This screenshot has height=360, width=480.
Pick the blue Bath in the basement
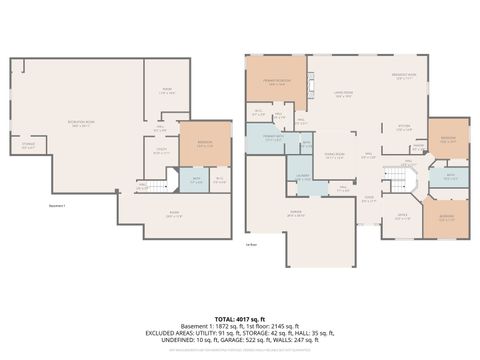pyautogui.click(x=196, y=180)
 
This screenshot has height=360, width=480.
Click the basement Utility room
pyautogui.click(x=220, y=180)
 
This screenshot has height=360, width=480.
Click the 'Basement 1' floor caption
pyautogui.click(x=58, y=206)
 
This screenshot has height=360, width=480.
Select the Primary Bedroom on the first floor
pyautogui.click(x=277, y=85)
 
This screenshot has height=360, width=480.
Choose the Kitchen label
pyautogui.click(x=404, y=125)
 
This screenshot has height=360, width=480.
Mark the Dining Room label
pyautogui.click(x=333, y=155)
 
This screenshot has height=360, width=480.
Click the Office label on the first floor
pyautogui.click(x=402, y=215)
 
